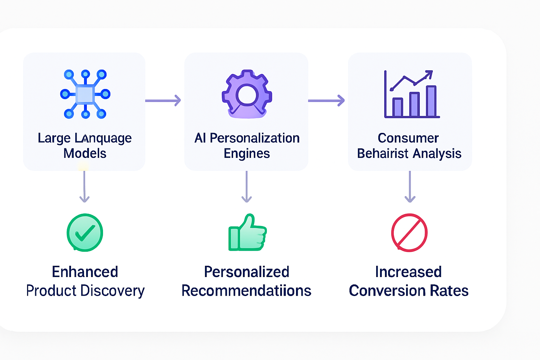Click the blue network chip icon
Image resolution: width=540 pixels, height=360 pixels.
tap(85, 94)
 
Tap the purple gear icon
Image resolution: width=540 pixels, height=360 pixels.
tap(247, 94)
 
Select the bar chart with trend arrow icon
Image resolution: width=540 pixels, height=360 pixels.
tap(412, 94)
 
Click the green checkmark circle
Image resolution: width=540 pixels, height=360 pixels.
tap(85, 232)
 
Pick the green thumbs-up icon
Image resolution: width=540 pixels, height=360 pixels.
tap(247, 232)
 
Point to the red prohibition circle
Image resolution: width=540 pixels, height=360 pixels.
tap(409, 233)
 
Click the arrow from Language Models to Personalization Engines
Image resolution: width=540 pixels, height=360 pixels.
tap(163, 101)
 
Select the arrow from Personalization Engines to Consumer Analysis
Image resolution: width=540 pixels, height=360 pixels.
tap(326, 101)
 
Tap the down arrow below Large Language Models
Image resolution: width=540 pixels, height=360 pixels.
tap(84, 187)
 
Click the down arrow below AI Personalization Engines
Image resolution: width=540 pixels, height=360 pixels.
tap(246, 187)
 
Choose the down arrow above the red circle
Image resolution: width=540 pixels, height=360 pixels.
tap(410, 187)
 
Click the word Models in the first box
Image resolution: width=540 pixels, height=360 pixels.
tap(85, 153)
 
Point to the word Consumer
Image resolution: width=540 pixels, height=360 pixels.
tap(408, 138)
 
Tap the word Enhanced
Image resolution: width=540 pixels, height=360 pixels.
tap(85, 272)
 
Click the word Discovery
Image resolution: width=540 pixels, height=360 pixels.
tap(112, 291)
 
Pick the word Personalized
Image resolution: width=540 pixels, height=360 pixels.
tap(246, 272)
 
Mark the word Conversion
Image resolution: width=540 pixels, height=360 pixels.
tap(387, 290)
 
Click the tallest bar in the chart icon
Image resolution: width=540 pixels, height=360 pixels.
tap(431, 101)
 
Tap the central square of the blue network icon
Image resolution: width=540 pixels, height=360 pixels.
tap(85, 95)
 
